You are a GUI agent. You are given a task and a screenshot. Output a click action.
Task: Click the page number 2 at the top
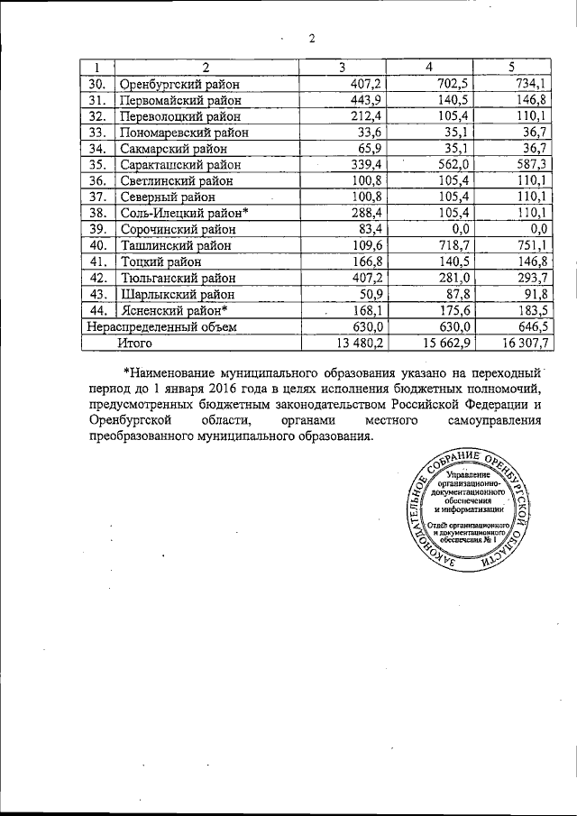(x=310, y=37)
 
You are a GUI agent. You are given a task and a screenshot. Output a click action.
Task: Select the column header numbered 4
(x=429, y=68)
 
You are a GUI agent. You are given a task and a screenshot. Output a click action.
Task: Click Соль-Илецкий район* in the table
(x=183, y=213)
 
